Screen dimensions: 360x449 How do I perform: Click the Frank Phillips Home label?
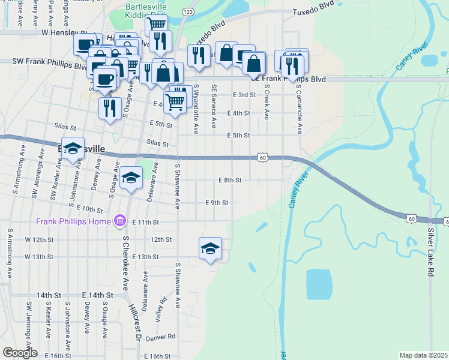click(74, 221)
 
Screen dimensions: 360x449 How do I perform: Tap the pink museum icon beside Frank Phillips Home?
click(119, 221)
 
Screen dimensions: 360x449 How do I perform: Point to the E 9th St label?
click(217, 203)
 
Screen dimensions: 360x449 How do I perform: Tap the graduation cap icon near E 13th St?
click(211, 248)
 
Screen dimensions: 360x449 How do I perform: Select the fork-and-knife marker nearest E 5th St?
click(109, 109)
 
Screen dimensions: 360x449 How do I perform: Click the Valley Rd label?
click(160, 310)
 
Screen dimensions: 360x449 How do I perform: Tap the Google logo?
click(19, 353)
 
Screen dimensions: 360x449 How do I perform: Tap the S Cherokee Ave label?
click(126, 262)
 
